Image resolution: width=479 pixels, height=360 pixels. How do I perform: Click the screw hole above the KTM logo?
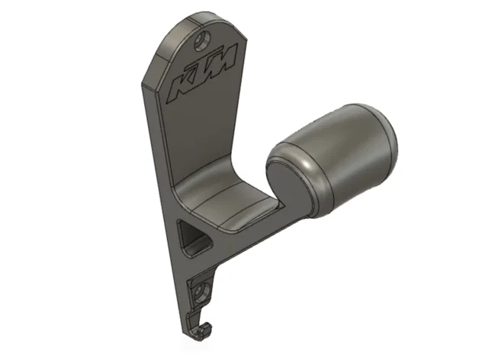[203, 40]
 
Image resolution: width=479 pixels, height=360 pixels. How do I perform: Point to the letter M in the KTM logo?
[225, 59]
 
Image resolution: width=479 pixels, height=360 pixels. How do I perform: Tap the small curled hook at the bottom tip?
[203, 331]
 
